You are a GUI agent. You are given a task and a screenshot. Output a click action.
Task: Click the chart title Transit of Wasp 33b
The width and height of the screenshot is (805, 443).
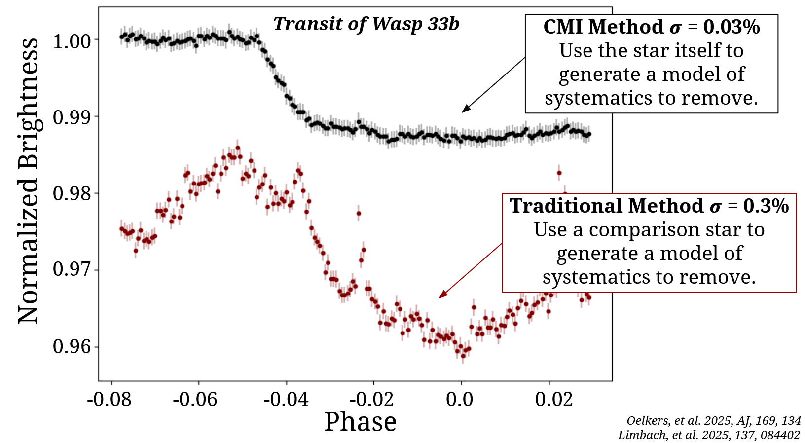pos(366,24)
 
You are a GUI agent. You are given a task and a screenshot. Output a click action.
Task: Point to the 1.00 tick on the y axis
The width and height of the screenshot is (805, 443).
pos(72,40)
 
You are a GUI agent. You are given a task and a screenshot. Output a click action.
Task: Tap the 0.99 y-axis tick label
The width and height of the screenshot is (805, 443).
pos(72,117)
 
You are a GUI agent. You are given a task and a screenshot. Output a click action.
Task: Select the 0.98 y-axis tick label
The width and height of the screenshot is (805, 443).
pos(72,194)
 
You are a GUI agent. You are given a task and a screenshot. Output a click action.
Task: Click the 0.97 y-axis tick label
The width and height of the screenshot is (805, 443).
pos(72,271)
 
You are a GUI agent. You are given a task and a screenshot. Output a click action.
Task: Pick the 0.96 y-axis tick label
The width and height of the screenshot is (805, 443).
pos(72,347)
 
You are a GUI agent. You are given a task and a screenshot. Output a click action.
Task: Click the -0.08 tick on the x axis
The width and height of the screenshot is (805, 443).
pos(109,399)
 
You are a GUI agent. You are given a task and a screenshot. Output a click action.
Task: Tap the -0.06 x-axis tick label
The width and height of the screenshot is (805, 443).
pos(195,399)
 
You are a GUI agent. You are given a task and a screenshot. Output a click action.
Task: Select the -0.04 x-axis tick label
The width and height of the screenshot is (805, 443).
pos(286,399)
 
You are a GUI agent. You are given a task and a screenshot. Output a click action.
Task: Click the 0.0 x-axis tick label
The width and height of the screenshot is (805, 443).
pos(460,399)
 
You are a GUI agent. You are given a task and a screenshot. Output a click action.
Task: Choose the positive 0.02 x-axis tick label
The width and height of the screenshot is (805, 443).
pos(554,399)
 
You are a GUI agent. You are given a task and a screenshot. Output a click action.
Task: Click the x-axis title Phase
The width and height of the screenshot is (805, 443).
pos(361,422)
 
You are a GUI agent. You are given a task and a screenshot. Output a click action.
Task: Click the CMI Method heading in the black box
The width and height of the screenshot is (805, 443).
pos(651,27)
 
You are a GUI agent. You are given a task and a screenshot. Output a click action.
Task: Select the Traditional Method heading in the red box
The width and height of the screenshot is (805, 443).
pos(649,206)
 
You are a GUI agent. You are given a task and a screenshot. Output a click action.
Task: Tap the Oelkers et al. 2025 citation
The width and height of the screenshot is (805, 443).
pos(714,421)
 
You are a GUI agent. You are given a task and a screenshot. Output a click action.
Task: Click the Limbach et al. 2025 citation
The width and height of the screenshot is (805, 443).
pos(709,435)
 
